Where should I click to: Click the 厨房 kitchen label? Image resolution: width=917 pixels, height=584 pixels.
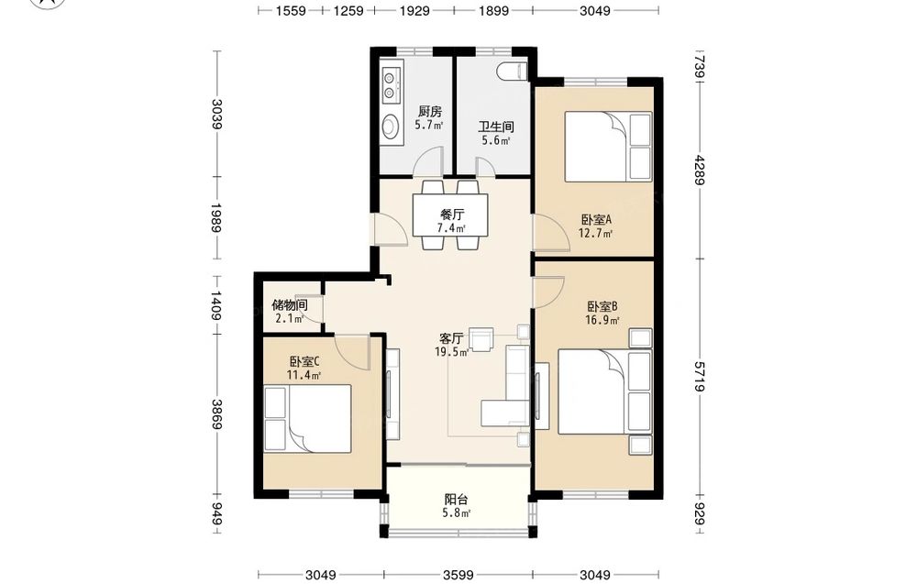click(429, 111)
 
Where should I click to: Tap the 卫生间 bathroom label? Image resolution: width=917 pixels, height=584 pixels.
click(496, 127)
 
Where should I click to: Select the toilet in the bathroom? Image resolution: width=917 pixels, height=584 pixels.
click(513, 71)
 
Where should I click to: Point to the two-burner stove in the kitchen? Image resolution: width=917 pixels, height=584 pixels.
click(390, 84)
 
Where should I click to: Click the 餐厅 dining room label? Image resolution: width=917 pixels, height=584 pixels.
click(452, 215)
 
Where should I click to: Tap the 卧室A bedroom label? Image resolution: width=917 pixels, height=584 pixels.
click(596, 220)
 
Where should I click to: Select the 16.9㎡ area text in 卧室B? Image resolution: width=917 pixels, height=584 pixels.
click(602, 320)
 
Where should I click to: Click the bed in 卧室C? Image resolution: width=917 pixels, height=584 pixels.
click(307, 419)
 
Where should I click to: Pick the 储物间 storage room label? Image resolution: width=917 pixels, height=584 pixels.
click(290, 304)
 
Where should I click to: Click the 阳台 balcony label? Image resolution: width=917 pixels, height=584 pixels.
click(456, 500)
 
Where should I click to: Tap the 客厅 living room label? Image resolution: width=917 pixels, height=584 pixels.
click(451, 338)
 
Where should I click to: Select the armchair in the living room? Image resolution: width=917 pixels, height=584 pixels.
click(483, 339)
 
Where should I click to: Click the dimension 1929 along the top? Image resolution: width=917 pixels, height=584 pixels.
click(414, 10)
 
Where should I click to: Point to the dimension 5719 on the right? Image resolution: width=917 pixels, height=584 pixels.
click(700, 377)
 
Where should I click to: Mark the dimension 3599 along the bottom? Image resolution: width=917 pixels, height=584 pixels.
click(458, 575)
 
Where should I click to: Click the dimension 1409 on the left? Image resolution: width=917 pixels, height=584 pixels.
click(215, 305)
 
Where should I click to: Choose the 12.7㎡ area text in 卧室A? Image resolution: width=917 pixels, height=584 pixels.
click(595, 234)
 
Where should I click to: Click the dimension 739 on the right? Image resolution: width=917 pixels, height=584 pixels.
click(700, 65)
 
